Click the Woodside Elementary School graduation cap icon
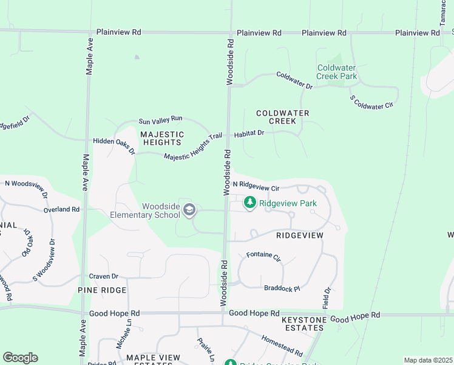189,210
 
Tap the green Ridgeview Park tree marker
249,204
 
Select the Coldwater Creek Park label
337,72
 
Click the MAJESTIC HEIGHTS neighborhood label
161,138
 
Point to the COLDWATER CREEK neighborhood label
283,117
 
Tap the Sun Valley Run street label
160,120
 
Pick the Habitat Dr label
248,133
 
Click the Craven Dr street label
103,276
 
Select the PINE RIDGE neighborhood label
102,290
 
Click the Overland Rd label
61,209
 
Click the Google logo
20,358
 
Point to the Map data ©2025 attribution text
427,360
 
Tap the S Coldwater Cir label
371,102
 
